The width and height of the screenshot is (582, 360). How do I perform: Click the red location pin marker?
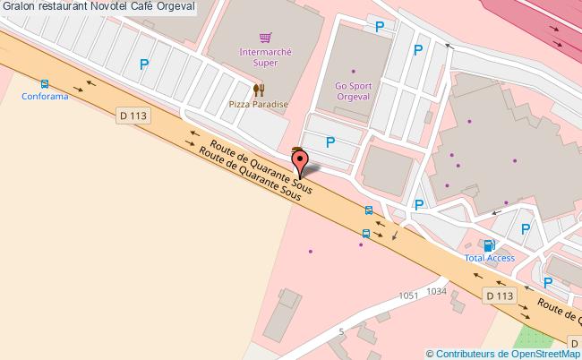(301, 162)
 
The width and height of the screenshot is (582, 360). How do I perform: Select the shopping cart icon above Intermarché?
(264, 38)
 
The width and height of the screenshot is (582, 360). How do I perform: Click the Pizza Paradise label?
(259, 104)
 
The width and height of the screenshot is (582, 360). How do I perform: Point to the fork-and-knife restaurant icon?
(259, 90)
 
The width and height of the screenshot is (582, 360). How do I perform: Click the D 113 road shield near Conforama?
(133, 115)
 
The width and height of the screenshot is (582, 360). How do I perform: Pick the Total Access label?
(489, 258)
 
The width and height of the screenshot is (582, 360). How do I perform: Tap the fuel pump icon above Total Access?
(488, 244)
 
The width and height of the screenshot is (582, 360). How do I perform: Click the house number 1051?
(409, 295)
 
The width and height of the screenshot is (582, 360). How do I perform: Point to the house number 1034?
(436, 291)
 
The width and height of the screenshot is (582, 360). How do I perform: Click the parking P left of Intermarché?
(143, 64)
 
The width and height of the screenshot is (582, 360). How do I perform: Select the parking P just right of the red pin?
(330, 141)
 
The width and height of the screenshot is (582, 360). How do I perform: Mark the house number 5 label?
(341, 331)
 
